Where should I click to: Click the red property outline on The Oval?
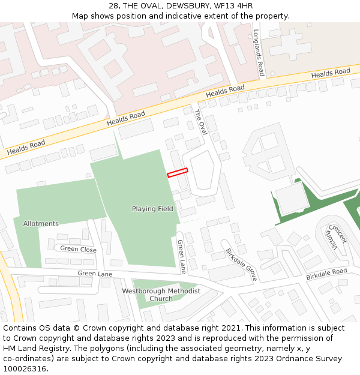(x=178, y=173)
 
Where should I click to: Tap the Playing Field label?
(x=152, y=209)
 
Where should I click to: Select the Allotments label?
(x=41, y=224)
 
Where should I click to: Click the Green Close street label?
(x=78, y=249)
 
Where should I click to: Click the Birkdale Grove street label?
(x=242, y=265)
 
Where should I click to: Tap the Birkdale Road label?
(x=326, y=274)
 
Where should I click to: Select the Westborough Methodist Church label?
(x=161, y=295)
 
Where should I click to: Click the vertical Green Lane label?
(x=181, y=256)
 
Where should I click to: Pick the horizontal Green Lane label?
(x=95, y=274)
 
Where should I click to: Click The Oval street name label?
(x=200, y=122)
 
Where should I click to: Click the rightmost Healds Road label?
(x=331, y=73)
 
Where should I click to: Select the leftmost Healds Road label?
(x=26, y=148)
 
